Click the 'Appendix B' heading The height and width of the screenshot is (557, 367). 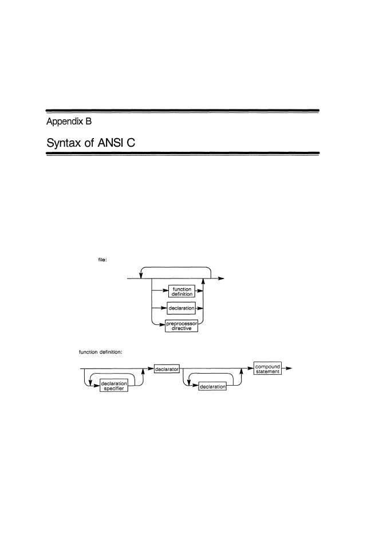click(69, 121)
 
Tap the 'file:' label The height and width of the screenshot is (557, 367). click(102, 260)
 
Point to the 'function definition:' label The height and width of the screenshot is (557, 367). click(100, 352)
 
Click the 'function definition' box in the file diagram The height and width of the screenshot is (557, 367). click(181, 291)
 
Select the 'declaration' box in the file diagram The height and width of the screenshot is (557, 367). click(181, 308)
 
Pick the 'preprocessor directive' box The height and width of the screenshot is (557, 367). click(181, 325)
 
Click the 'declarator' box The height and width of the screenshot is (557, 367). click(167, 369)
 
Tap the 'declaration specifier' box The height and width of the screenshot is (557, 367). click(114, 386)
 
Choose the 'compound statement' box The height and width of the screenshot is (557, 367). click(267, 368)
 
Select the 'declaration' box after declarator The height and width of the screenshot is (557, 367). click(212, 386)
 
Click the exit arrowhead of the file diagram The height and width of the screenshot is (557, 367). click(221, 278)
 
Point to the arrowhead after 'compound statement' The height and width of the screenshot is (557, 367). click(289, 368)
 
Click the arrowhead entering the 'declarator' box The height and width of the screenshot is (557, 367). click(151, 368)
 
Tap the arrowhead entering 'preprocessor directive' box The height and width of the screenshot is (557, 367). click(162, 324)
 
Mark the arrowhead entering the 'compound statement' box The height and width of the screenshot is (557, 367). click(251, 368)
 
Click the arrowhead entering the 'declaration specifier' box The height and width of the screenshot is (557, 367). click(97, 386)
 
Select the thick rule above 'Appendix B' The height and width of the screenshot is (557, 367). click(183, 111)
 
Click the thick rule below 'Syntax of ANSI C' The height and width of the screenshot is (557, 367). click(183, 153)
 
